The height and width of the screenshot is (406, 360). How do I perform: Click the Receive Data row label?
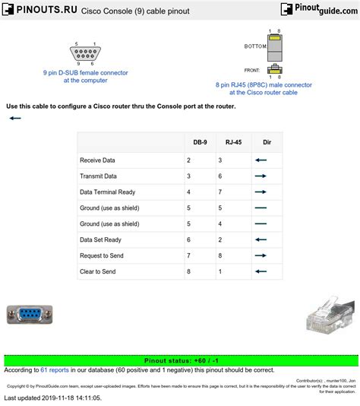(x=97, y=160)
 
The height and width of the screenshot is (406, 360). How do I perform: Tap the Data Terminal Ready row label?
(x=107, y=192)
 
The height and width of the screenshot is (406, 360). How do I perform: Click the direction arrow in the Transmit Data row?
(x=261, y=176)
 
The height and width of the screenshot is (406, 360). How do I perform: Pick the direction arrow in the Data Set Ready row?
(x=261, y=239)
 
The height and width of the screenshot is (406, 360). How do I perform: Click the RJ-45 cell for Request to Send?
(x=219, y=255)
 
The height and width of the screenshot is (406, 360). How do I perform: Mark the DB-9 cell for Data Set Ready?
(x=188, y=239)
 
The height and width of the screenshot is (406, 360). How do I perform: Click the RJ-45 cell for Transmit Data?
(x=219, y=176)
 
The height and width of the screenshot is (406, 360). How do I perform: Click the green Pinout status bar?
(x=179, y=361)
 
